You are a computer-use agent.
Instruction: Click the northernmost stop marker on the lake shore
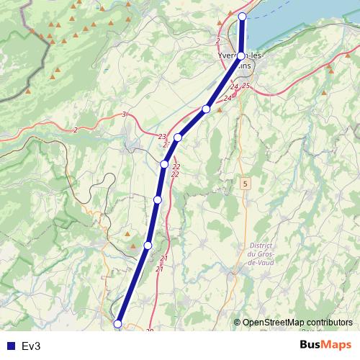pos(242,16)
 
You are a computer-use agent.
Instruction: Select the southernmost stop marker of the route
pos(119,324)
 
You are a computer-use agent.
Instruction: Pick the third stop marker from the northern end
pos(206,109)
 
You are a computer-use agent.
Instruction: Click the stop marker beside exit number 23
pos(178,137)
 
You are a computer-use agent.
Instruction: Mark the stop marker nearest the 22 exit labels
pos(164,164)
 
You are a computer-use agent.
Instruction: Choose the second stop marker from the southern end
pos(148,246)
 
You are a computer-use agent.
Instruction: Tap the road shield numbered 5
pos(245,184)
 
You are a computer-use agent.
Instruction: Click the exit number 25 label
pos(246,86)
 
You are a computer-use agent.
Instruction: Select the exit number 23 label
pos(162,136)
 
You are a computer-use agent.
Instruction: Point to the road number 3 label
pos(124,114)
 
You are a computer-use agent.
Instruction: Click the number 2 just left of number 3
pos(76,130)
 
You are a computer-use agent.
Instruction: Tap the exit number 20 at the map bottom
pos(150,330)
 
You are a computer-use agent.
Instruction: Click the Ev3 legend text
pos(31,346)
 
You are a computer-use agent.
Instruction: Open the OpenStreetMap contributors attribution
pos(297,323)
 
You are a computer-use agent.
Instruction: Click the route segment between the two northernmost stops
pos(242,35)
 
